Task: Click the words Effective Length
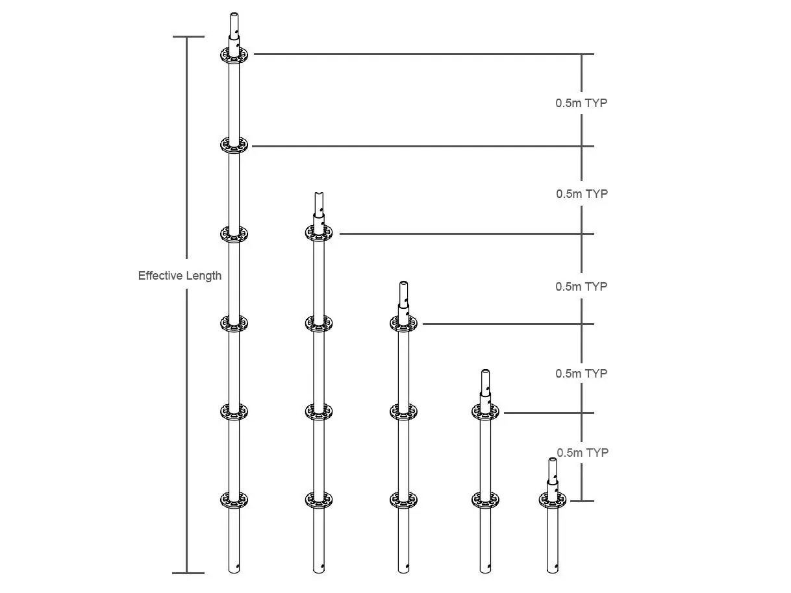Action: click(179, 276)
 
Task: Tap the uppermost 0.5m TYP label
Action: click(581, 103)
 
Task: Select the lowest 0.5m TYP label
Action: click(583, 453)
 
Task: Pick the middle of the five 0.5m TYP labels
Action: click(581, 287)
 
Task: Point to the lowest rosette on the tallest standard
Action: click(234, 500)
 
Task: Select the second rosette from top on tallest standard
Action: click(234, 145)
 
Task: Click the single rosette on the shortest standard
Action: click(553, 500)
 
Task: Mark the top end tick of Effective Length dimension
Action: click(188, 37)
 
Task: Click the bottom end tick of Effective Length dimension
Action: click(188, 573)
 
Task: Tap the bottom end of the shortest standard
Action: click(553, 569)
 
